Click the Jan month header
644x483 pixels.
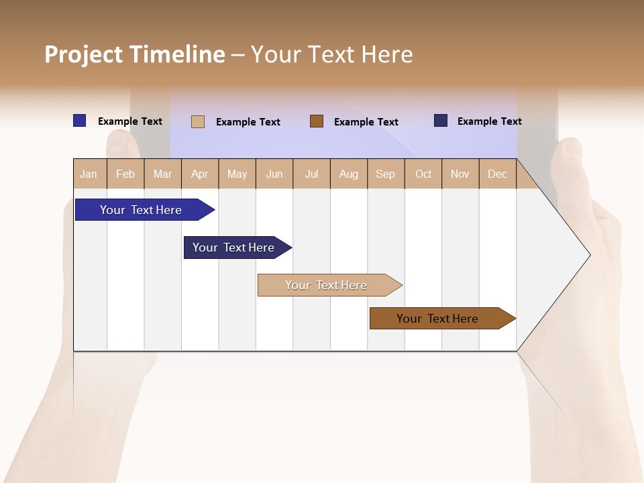(x=89, y=174)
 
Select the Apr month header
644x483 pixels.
(x=200, y=174)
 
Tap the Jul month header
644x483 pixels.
(x=312, y=174)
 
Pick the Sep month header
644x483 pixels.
(x=386, y=174)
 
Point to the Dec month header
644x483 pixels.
(x=498, y=174)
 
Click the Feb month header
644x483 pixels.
(x=125, y=174)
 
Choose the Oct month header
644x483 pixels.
(x=423, y=174)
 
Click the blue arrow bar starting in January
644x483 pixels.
(x=141, y=210)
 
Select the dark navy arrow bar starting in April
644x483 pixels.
(x=233, y=248)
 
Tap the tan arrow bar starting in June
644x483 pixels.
(x=326, y=285)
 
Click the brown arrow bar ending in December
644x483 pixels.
(x=437, y=319)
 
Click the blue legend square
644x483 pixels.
(x=80, y=121)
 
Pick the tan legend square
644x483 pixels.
(x=198, y=121)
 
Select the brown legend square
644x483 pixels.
(x=317, y=121)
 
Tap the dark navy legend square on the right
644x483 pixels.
(x=441, y=121)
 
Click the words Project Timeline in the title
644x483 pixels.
(x=135, y=54)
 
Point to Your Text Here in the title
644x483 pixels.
(x=331, y=54)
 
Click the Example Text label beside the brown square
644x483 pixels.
(x=366, y=122)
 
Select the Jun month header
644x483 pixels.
(x=274, y=174)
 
